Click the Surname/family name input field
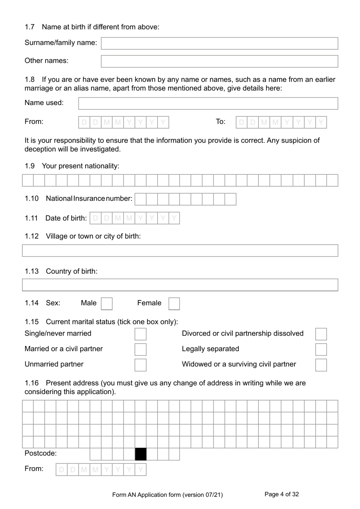[219, 43]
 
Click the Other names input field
[219, 61]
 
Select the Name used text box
[208, 104]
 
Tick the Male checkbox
[107, 304]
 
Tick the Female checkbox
[174, 304]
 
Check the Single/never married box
[141, 334]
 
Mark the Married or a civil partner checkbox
[141, 349]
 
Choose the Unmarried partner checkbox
[141, 365]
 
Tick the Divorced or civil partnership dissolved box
[321, 334]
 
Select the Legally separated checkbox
[321, 349]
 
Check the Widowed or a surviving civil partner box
[321, 365]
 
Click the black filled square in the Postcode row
[141, 454]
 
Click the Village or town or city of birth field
[180, 251]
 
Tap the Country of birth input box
[180, 285]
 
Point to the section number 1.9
[30, 166]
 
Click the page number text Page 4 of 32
[282, 494]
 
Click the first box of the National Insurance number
[141, 199]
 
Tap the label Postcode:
[41, 454]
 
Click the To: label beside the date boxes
[221, 122]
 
